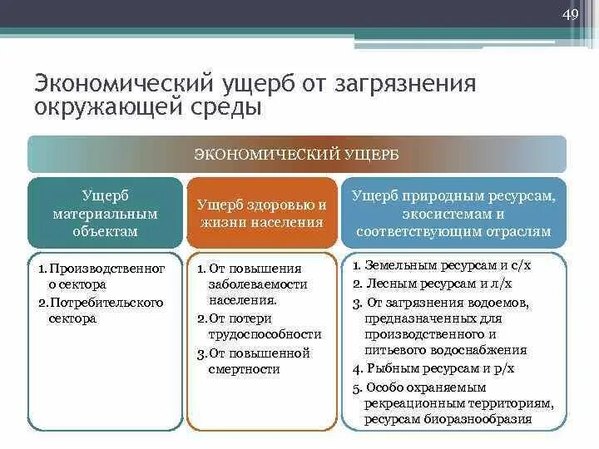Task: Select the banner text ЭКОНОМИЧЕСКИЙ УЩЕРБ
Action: (x=296, y=154)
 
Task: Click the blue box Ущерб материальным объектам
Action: (x=105, y=213)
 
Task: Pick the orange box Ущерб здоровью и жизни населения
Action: (x=261, y=213)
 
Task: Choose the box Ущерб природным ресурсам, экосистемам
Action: (x=453, y=213)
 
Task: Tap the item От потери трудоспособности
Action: (x=260, y=326)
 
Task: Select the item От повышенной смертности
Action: (x=260, y=361)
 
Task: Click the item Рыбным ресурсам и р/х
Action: (x=435, y=368)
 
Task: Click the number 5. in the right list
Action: (x=357, y=387)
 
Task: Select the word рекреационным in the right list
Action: (x=409, y=403)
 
